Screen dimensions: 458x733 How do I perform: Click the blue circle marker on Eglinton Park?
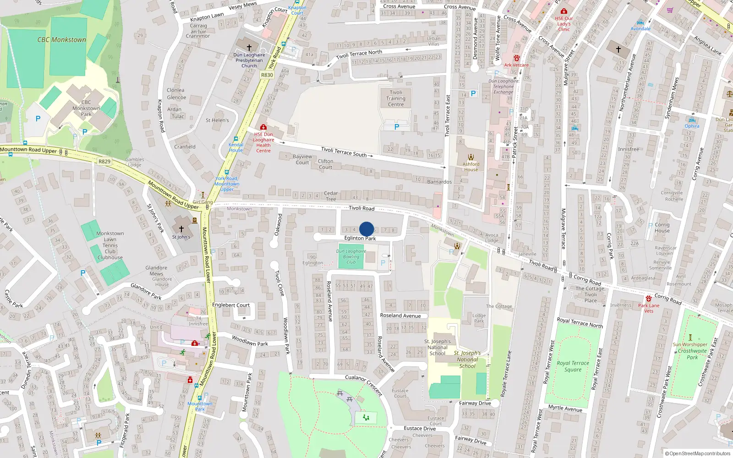tap(366, 229)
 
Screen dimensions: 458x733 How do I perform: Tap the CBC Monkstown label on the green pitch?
tap(62, 40)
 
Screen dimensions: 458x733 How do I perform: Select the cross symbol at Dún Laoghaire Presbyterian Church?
tap(249, 47)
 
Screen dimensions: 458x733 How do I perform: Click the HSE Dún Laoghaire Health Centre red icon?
tap(263, 127)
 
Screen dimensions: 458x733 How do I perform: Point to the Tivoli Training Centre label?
tap(396, 98)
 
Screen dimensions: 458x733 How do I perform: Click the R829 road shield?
tap(104, 161)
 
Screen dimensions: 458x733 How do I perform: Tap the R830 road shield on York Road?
tap(267, 75)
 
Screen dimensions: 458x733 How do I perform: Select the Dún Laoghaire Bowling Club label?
tap(351, 256)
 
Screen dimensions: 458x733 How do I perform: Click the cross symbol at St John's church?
tap(181, 229)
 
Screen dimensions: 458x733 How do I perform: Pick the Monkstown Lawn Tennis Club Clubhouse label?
tap(110, 245)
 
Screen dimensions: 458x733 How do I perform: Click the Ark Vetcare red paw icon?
tap(516, 58)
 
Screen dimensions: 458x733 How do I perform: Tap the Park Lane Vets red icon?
tap(649, 299)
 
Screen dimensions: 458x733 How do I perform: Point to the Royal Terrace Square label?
tap(573, 366)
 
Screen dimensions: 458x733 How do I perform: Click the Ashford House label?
tap(471, 167)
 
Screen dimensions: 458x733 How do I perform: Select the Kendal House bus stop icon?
tap(236, 138)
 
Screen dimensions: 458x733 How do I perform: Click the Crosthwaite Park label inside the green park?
tap(692, 354)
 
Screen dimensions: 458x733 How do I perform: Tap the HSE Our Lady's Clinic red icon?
tap(564, 11)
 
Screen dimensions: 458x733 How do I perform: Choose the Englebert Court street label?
tap(231, 305)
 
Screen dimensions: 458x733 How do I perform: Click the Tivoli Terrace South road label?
tap(344, 152)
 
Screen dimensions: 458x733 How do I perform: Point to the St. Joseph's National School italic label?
tap(467, 360)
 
